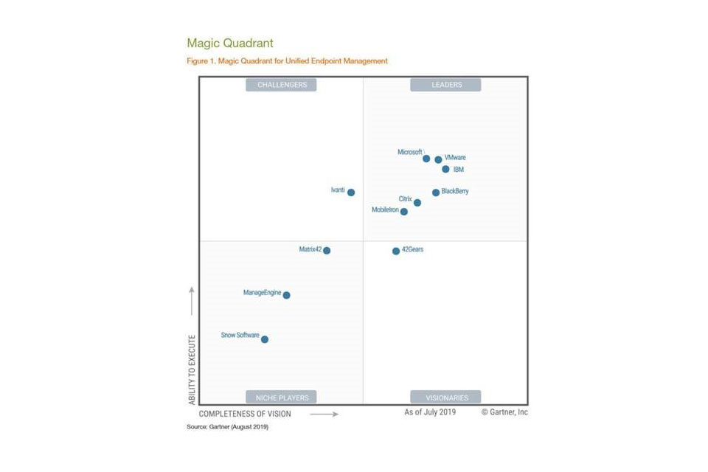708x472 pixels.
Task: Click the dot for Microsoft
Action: click(426, 159)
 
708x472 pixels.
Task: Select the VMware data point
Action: click(438, 159)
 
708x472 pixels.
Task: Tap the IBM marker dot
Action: click(445, 169)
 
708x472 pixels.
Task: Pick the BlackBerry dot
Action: click(436, 192)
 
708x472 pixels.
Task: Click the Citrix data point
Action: click(417, 202)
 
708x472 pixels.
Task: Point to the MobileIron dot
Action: click(404, 212)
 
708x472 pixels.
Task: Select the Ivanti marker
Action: click(351, 192)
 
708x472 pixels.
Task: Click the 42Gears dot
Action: click(396, 251)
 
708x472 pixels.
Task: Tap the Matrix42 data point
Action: click(327, 251)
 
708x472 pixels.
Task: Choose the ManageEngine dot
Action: click(286, 295)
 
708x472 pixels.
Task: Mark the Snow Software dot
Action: click(265, 339)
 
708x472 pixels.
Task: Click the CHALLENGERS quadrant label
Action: click(281, 85)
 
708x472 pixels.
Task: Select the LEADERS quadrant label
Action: click(445, 85)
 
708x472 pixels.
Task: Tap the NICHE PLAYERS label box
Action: click(281, 397)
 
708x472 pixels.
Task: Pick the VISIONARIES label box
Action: click(445, 397)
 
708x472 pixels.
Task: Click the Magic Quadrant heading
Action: click(230, 44)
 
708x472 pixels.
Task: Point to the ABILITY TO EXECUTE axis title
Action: click(192, 369)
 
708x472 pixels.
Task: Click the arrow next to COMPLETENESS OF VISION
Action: click(324, 414)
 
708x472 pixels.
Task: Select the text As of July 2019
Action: click(430, 412)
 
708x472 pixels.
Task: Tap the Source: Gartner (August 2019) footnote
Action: click(227, 427)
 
